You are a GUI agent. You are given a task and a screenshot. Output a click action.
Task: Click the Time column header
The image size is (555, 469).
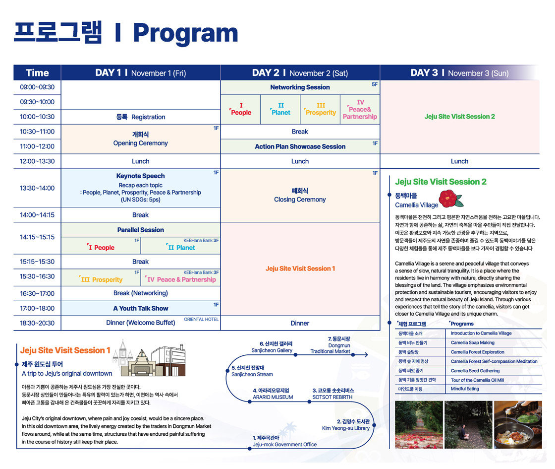coord(37,72)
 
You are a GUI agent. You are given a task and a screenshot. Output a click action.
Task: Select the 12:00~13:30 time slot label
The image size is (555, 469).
coord(37,161)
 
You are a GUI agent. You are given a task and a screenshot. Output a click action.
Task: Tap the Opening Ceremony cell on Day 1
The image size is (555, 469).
coord(141,139)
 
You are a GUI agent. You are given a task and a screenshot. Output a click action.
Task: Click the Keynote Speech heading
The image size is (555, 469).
coord(141,176)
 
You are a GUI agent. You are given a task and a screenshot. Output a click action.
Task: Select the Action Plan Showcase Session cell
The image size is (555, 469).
coord(300,146)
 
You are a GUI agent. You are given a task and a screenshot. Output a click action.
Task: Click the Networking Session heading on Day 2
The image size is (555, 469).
coord(300,87)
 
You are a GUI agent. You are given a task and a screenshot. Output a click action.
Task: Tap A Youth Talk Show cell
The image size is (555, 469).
coord(141,308)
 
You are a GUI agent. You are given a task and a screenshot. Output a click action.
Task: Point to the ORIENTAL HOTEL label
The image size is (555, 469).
coord(201,320)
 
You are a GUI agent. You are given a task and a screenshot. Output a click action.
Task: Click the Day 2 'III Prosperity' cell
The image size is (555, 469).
coord(320,109)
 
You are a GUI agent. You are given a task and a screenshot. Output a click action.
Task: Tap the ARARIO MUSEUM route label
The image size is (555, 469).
coord(273,398)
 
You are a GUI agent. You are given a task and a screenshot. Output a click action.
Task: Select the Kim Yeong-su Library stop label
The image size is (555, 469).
coord(346,428)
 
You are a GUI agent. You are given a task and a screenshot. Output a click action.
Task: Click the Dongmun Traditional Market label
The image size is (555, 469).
coord(331,348)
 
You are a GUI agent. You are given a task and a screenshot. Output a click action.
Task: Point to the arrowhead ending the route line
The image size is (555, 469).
coord(366,354)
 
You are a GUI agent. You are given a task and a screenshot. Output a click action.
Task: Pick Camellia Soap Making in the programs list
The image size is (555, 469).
coord(473,343)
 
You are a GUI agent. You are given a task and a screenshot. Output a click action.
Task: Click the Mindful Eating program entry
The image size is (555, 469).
coord(465,389)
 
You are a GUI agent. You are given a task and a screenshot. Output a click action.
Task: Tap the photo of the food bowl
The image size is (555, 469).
coord(518,425)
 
